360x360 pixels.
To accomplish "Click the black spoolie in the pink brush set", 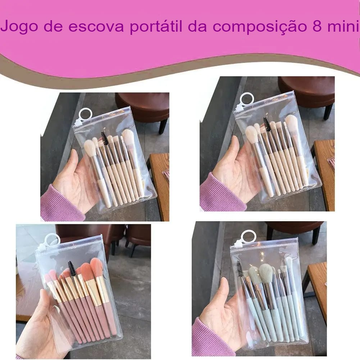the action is click(72, 268).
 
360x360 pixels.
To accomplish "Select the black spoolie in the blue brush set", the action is click(240, 269).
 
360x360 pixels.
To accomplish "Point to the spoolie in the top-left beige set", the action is click(104, 138).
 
